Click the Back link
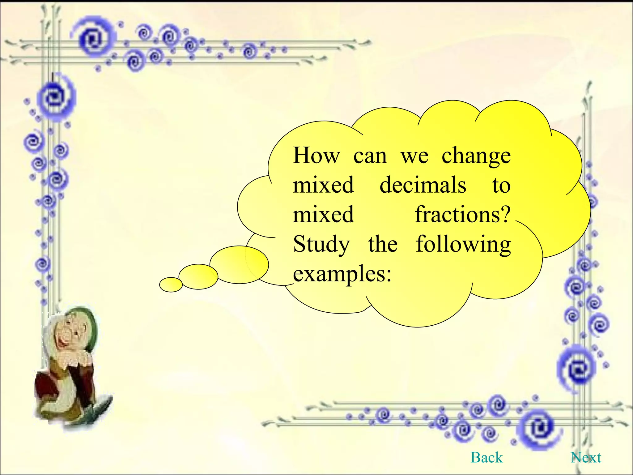pos(486,457)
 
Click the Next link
pos(586,457)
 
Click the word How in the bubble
pos(316,155)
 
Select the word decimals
pos(423,185)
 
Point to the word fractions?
pos(462,214)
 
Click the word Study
pos(321,244)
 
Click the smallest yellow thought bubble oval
pos(171,285)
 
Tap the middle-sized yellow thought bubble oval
pos(198,276)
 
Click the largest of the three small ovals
pos(239,264)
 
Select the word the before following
pos(383,244)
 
